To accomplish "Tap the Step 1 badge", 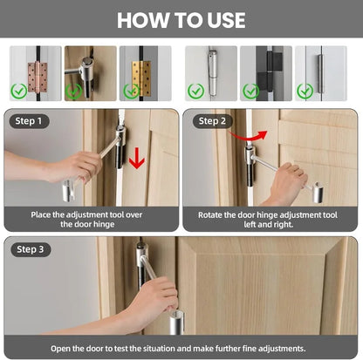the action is (29, 121).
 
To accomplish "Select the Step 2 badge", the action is (212, 121).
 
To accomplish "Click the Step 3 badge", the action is (31, 249).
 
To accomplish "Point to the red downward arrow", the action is (137, 158).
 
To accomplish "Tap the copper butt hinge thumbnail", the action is (38, 77).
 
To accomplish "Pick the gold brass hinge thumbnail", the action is (141, 78).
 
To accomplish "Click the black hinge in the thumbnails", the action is (270, 72).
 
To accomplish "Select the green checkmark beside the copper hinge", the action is (19, 92).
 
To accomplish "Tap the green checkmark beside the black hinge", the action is (251, 92).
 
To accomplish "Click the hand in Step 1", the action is (74, 168).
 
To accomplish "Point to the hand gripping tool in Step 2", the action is (286, 182).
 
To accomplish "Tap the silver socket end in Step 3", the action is (177, 322).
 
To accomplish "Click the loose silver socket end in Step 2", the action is (318, 192).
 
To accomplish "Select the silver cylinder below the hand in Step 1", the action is (68, 191).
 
